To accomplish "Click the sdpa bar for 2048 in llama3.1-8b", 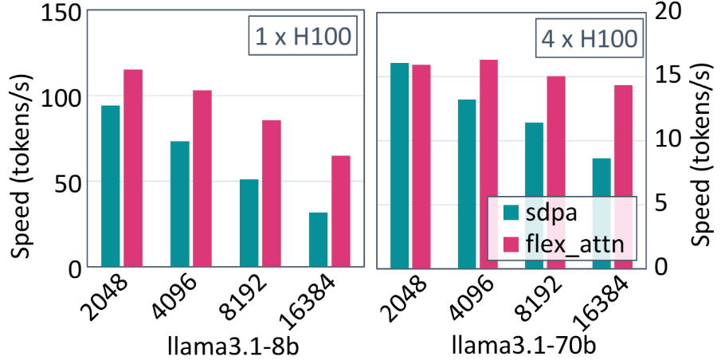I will coord(110,186).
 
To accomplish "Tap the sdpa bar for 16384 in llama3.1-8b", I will coord(319,240).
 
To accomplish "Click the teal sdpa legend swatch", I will coord(511,213).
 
